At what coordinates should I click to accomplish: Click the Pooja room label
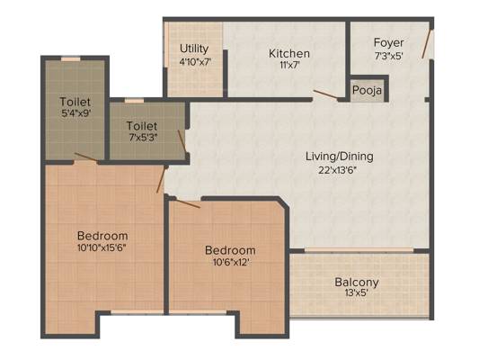pyautogui.click(x=367, y=91)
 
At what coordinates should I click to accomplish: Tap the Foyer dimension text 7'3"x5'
pyautogui.click(x=389, y=56)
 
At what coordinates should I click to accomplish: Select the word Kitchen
pyautogui.click(x=289, y=53)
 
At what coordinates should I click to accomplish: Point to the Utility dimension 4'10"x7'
pyautogui.click(x=195, y=61)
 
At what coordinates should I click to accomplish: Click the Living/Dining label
pyautogui.click(x=340, y=157)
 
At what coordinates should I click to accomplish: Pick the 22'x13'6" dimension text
pyautogui.click(x=338, y=170)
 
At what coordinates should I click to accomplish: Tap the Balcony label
pyautogui.click(x=357, y=282)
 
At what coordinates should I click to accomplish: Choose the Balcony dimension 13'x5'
pyautogui.click(x=356, y=293)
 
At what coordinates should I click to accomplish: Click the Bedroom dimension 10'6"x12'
pyautogui.click(x=230, y=262)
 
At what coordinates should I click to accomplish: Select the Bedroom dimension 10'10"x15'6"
pyautogui.click(x=102, y=247)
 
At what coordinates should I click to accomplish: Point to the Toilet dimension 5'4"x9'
pyautogui.click(x=76, y=113)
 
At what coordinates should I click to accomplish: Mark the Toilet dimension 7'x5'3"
pyautogui.click(x=143, y=138)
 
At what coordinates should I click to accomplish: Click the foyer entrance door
pyautogui.click(x=426, y=44)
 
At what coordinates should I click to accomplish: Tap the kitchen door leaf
pyautogui.click(x=325, y=94)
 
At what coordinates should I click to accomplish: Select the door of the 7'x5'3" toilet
pyautogui.click(x=182, y=141)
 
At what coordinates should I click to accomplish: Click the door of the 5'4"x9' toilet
pyautogui.click(x=86, y=157)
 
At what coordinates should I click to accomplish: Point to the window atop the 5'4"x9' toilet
pyautogui.click(x=71, y=58)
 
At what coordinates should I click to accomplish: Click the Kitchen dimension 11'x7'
pyautogui.click(x=289, y=65)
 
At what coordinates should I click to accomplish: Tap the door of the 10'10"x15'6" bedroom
pyautogui.click(x=161, y=180)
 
